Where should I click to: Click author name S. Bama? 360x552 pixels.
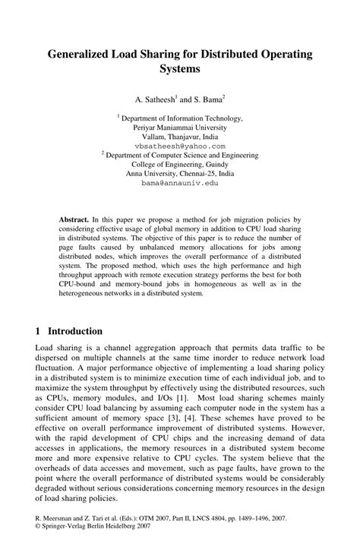pos(207,99)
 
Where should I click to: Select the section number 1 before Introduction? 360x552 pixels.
pos(38,331)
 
